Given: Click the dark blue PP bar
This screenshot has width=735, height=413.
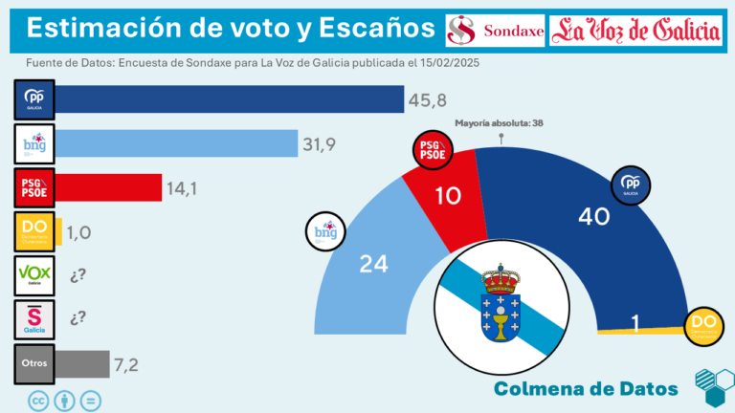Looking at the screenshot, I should pos(230,99).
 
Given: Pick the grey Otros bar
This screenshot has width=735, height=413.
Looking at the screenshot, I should pos(83,363).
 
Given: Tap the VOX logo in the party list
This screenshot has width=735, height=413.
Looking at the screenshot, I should pos(34,276).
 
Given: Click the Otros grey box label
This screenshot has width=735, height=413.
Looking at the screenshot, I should pos(34,364).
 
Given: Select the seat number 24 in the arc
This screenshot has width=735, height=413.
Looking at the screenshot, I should pos(372,265).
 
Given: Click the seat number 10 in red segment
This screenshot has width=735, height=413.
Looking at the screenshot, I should pos(446,196).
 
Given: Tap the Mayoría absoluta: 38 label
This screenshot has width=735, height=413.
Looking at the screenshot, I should pos(499,122).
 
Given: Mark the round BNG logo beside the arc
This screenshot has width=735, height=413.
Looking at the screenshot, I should pos(324,231).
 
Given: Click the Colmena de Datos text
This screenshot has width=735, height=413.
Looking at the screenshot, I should pos(586,388).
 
